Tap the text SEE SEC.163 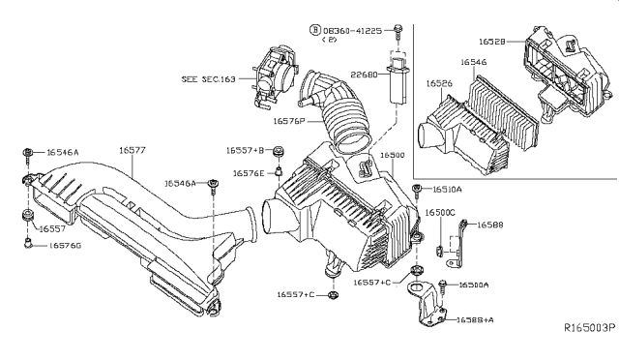207,77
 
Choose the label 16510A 446,190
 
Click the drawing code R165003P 590,329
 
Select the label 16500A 473,285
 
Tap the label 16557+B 246,151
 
